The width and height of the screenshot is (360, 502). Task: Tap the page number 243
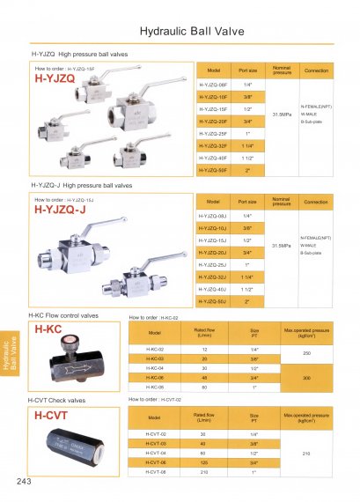point(24,483)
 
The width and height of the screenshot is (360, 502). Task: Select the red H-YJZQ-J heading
point(60,210)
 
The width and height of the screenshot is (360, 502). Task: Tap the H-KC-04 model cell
point(155,368)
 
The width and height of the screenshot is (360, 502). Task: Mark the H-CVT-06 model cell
point(156,461)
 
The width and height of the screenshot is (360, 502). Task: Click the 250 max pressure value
point(306,354)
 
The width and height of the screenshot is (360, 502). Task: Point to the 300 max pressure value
point(306,377)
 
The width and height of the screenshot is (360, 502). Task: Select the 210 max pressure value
point(306,453)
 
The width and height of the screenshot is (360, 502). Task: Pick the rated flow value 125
point(203,461)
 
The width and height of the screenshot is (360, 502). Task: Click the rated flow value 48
point(203,377)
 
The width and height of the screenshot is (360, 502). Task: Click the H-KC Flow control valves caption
point(64,315)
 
